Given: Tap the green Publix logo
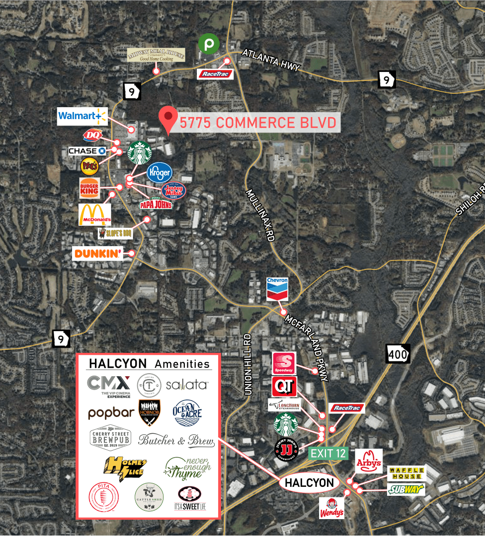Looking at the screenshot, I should pos(209,44).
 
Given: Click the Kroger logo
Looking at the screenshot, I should pos(159,173).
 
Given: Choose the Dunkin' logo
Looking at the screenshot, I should pos(98,254).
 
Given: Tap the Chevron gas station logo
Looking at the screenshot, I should pos(277,288).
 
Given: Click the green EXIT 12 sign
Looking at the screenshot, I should pos(328,453).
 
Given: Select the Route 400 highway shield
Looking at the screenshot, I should pos(398,353).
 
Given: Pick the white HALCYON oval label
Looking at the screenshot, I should pos(309,482).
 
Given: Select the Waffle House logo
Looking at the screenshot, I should pos(407,473).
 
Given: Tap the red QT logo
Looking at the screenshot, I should pos(284,387).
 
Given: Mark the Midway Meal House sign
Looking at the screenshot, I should pos(156,55).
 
